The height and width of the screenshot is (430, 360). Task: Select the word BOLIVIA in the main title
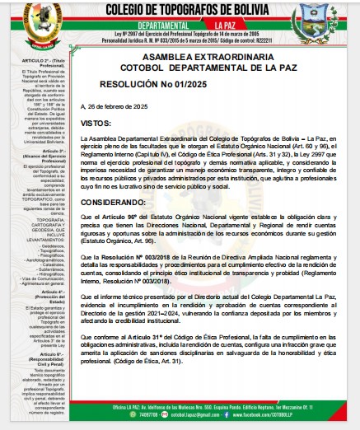tap(268, 10)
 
